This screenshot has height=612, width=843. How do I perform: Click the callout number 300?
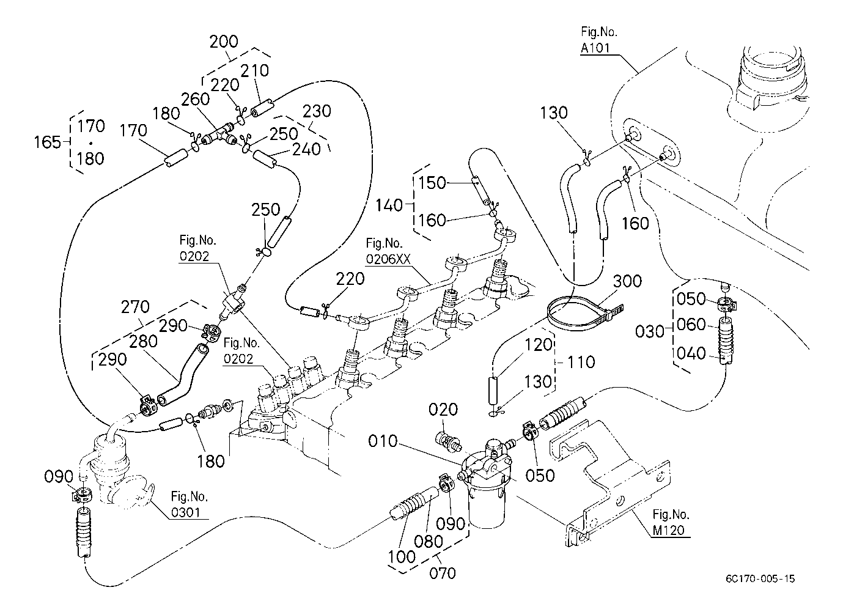tap(627, 281)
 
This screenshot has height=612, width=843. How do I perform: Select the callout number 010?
tap(383, 441)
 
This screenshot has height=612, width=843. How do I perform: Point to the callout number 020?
tap(443, 410)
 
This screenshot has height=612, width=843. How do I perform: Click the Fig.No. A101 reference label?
tap(598, 40)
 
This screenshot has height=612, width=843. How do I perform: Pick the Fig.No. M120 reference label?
tap(671, 522)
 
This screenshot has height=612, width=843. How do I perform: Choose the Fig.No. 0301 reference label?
tap(190, 504)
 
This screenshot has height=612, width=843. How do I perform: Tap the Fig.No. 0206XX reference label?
tap(388, 251)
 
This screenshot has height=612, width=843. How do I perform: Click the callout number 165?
tap(47, 142)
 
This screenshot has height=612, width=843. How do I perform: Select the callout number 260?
tap(195, 100)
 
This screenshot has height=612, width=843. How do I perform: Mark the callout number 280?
tap(143, 342)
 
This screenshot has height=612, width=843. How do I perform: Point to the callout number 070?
tap(442, 573)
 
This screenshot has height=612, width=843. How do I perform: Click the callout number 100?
tap(402, 557)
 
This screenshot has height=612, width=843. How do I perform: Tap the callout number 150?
tap(432, 183)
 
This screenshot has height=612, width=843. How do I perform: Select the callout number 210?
tap(254, 71)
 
